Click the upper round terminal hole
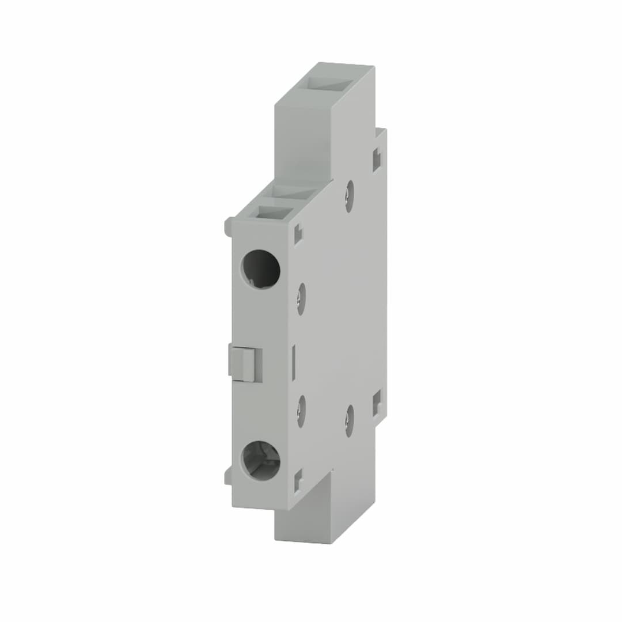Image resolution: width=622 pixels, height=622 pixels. point(260,269)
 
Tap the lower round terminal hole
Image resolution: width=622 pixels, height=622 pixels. point(260,460)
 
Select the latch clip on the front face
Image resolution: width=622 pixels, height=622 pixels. point(246,364)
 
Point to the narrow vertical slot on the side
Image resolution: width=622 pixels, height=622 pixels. point(294,363)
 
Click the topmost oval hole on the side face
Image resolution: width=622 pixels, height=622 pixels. point(349,196)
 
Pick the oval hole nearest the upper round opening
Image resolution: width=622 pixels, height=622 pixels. point(301,298)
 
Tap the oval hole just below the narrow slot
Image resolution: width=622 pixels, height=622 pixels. point(301,411)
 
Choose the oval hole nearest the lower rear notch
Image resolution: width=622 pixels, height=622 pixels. point(349,420)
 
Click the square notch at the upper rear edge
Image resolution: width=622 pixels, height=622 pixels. point(377,160)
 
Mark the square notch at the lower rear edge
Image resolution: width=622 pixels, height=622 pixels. point(377,403)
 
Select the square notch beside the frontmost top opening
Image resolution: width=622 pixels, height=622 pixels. point(298,234)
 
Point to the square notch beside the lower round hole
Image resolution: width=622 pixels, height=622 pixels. point(298,480)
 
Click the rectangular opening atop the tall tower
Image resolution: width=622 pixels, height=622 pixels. point(329,84)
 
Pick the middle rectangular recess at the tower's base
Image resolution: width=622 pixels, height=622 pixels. point(294,192)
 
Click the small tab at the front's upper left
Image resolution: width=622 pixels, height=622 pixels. point(228,226)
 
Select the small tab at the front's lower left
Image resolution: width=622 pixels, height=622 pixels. point(228,475)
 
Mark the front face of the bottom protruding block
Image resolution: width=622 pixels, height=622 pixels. point(302,524)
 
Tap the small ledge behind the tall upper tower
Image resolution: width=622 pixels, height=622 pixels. point(380,132)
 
